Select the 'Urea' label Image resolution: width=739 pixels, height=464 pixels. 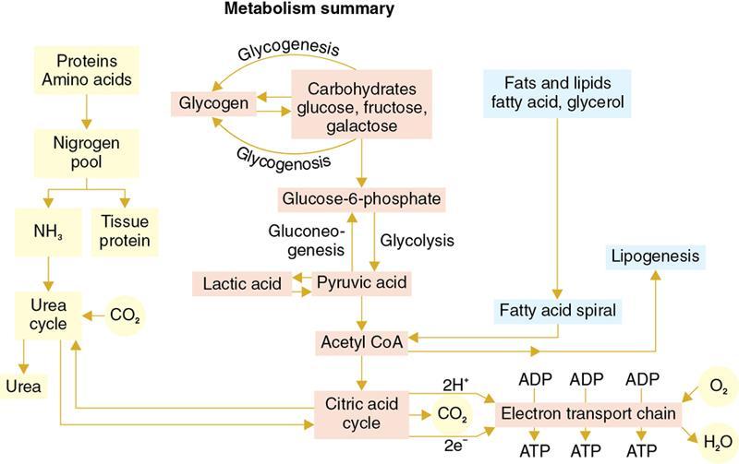coord(22,387)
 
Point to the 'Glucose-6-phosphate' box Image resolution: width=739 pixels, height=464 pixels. coord(362,199)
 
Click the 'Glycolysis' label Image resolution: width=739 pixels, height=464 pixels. coord(418,240)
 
